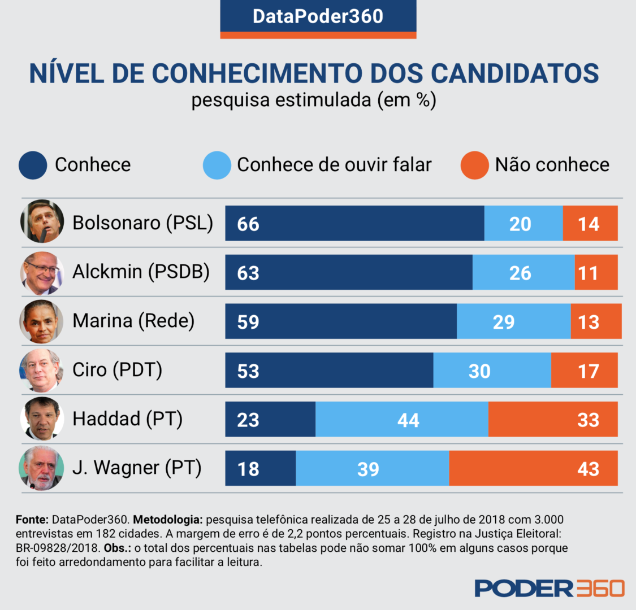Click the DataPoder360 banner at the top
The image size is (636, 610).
318,16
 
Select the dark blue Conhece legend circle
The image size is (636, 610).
33,165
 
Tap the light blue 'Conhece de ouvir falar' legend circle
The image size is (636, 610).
217,165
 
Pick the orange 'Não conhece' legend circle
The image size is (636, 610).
474,165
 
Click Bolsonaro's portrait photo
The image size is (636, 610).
42,221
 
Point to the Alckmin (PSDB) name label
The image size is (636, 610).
141,272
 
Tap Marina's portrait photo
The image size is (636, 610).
42,321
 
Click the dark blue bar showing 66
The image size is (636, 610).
354,224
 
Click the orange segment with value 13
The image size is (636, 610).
595,321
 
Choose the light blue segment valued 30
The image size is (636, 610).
492,371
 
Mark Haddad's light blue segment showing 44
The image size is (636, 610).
402,420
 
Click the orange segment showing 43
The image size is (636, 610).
533,469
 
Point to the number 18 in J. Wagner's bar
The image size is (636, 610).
248,469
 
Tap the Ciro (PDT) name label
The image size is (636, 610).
117,370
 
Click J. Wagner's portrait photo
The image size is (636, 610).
42,468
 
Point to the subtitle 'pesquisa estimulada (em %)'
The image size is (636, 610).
314,100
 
